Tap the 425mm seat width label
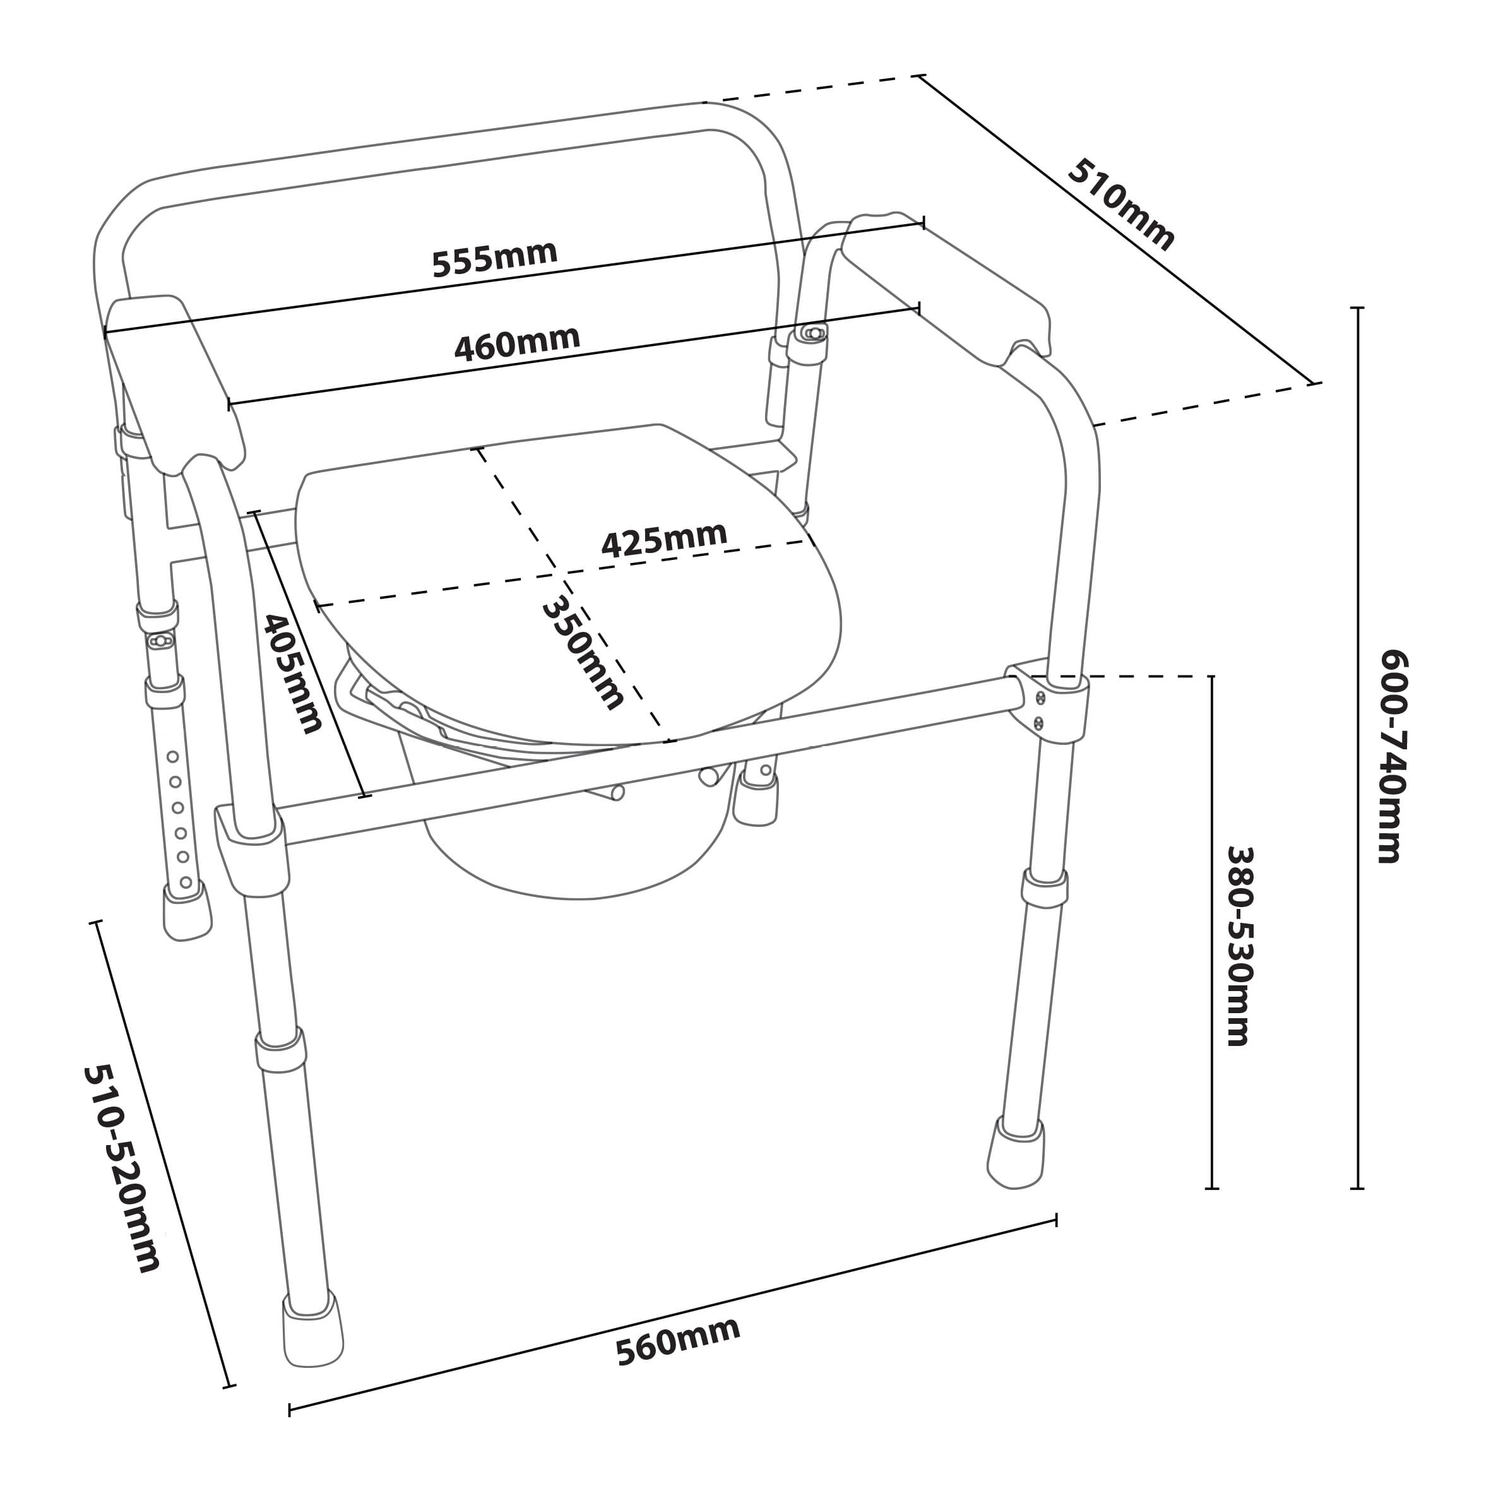[663, 540]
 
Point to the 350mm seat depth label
[583, 653]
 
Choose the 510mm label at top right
[1120, 205]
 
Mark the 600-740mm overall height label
[1394, 756]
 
